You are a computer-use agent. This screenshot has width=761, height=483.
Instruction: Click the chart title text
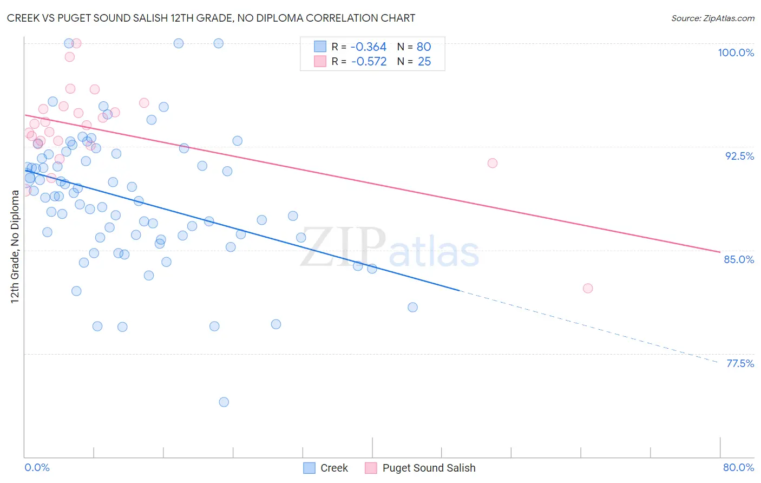pyautogui.click(x=211, y=18)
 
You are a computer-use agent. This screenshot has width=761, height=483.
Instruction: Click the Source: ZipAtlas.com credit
pyautogui.click(x=712, y=18)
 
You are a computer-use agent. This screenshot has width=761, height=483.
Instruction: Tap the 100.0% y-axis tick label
pyautogui.click(x=736, y=53)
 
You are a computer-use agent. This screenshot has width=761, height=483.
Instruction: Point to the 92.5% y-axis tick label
pyautogui.click(x=739, y=156)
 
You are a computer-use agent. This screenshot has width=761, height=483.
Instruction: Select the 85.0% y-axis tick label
pyautogui.click(x=739, y=259)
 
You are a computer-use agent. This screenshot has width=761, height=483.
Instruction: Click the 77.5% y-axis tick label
pyautogui.click(x=739, y=363)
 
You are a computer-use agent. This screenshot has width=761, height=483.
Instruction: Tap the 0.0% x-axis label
pyautogui.click(x=37, y=467)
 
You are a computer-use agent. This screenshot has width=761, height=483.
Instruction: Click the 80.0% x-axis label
pyautogui.click(x=738, y=467)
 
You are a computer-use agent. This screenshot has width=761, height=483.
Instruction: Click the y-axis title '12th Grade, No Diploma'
pyautogui.click(x=15, y=246)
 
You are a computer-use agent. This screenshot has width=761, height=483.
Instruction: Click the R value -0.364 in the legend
pyautogui.click(x=369, y=47)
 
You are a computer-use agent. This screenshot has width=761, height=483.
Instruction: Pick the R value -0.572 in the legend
pyautogui.click(x=369, y=62)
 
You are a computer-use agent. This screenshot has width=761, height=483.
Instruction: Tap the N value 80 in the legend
pyautogui.click(x=424, y=47)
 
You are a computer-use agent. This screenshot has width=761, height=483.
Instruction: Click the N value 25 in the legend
pyautogui.click(x=424, y=62)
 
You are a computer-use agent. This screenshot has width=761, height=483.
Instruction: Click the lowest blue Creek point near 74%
pyautogui.click(x=224, y=402)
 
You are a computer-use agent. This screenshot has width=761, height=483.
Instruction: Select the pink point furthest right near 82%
pyautogui.click(x=588, y=288)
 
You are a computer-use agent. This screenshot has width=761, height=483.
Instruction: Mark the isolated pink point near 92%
pyautogui.click(x=492, y=163)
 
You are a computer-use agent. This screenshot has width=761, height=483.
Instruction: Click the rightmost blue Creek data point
pyautogui.click(x=412, y=307)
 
